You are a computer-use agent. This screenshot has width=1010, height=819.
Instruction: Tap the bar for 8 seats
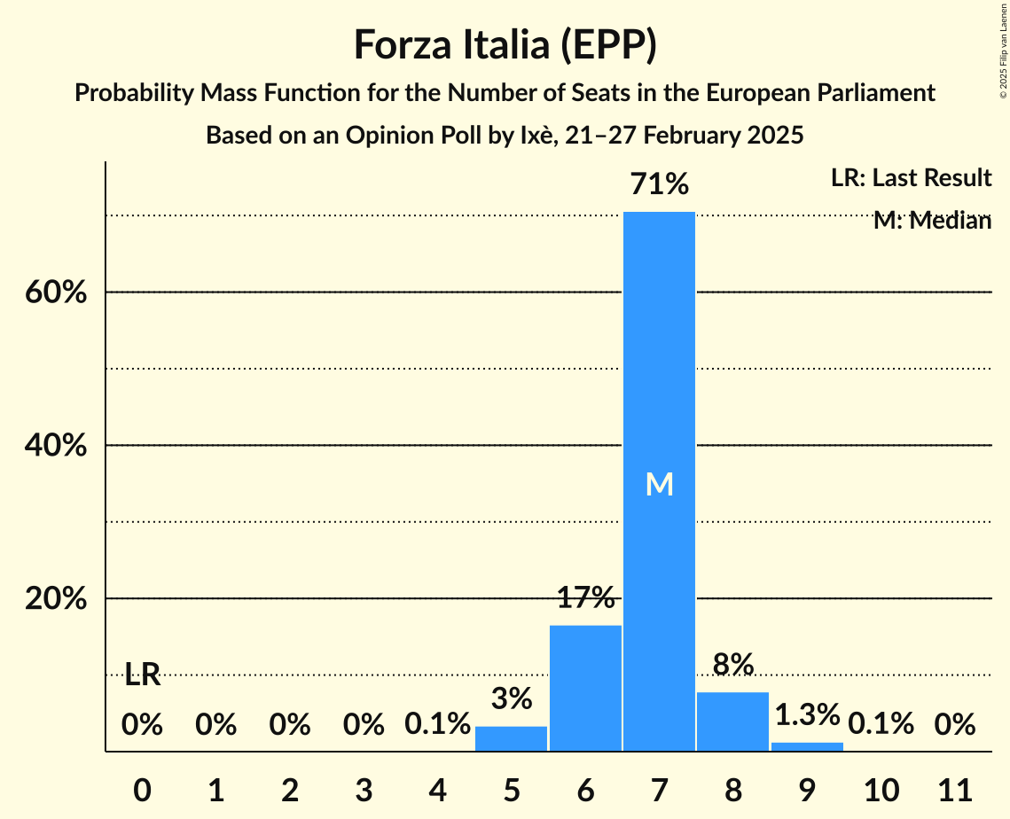732,721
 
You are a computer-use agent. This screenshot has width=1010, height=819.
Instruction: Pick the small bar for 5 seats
512,738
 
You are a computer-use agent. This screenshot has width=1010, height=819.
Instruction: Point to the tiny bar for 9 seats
807,746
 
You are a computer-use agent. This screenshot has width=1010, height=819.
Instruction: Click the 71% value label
659,184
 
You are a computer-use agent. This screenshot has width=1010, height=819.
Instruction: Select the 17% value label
585,598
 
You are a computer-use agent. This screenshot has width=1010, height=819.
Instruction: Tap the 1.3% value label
807,714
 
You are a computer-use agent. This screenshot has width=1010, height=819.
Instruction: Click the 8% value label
732,664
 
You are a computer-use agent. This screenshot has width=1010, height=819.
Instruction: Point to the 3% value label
512,698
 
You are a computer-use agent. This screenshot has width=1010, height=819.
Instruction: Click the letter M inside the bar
659,484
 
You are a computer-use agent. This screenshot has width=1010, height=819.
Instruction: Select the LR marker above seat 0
142,675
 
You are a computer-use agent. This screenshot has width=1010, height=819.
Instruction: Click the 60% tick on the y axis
56,292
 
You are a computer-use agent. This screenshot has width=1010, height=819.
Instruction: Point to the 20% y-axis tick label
56,599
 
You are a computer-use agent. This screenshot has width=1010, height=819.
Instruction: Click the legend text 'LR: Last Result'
911,178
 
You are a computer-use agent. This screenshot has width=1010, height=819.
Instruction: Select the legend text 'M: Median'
932,221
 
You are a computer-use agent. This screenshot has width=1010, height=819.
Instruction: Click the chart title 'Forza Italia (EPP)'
505,44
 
